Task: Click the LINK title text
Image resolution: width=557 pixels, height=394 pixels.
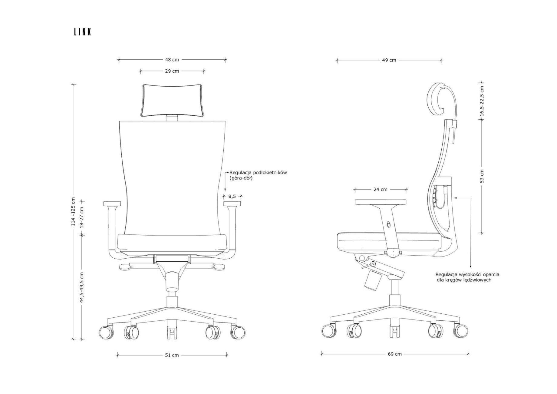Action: (x=82, y=32)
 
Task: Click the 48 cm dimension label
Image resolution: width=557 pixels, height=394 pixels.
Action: (x=172, y=60)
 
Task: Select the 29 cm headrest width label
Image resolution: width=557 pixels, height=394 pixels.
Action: (x=172, y=71)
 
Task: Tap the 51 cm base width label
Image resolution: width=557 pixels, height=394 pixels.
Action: (x=172, y=355)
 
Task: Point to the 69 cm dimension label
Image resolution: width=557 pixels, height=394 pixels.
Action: (x=395, y=354)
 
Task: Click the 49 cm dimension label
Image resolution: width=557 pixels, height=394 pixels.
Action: (x=389, y=60)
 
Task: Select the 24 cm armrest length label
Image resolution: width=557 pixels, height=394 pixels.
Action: (x=381, y=190)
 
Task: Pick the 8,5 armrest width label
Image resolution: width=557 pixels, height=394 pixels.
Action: (x=232, y=196)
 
